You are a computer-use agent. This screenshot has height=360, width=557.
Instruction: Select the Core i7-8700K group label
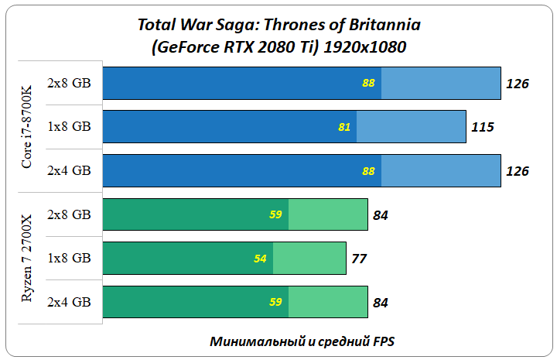pos(28,126)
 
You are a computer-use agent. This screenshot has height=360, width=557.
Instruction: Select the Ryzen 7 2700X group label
pos(28,257)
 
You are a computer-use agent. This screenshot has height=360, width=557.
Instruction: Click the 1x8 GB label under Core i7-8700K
pos(69,126)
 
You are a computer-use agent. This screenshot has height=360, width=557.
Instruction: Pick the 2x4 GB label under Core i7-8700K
pos(69,170)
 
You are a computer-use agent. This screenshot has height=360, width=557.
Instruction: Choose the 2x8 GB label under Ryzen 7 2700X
pos(69,214)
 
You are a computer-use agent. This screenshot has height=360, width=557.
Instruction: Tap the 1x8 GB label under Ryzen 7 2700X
pos(69,258)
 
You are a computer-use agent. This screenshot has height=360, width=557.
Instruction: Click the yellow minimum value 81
pos(344,127)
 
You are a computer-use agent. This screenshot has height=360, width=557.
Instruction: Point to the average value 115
pos(482,127)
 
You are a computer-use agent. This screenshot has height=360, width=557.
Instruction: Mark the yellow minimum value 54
pos(260,259)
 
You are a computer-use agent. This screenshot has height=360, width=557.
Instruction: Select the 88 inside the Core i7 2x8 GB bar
pos(368,83)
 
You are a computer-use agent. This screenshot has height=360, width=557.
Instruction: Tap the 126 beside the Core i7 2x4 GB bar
pos(517,171)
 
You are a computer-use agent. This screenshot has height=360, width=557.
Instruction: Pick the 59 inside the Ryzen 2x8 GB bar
pos(275,214)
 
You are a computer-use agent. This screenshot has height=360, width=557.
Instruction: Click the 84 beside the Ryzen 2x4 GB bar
pos(380,303)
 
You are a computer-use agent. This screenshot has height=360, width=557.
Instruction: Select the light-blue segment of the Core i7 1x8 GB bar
pos(411,127)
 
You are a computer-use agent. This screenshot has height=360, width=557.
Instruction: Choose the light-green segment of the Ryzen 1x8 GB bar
pos(309,259)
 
